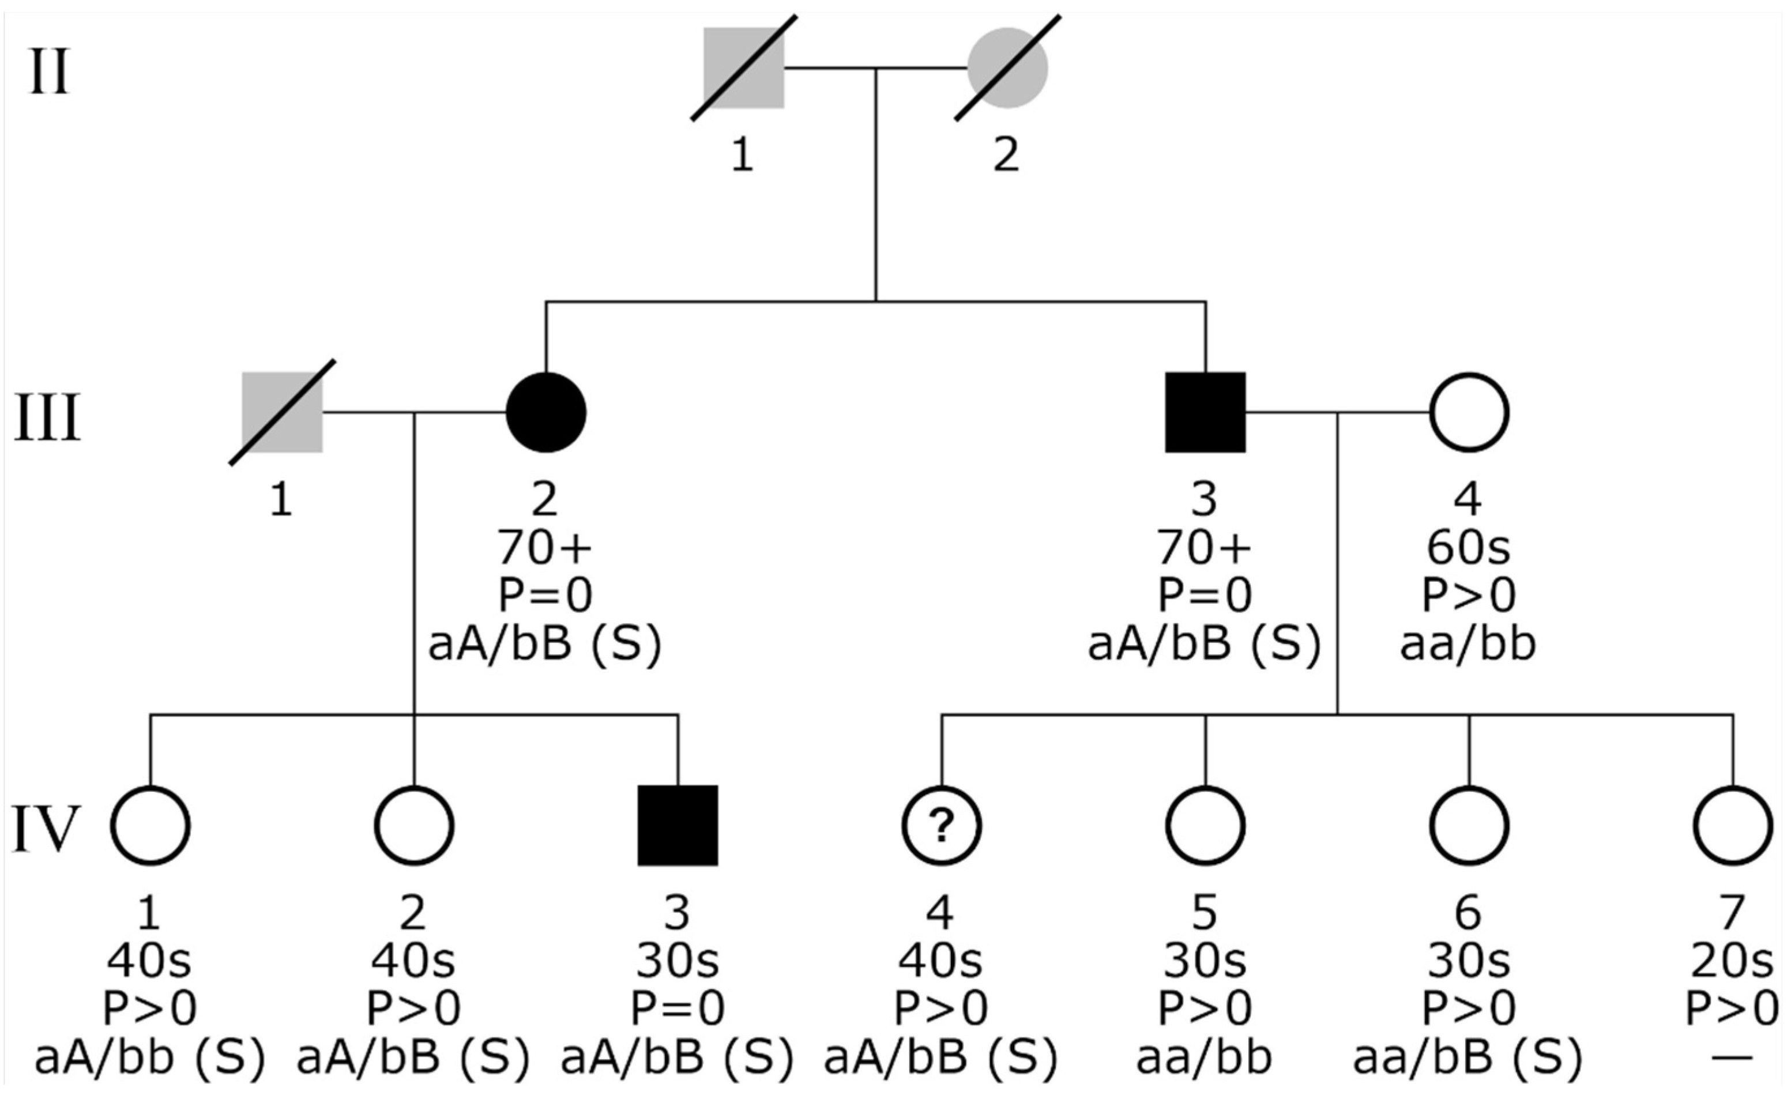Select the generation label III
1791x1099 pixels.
47,419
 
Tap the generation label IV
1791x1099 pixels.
46,830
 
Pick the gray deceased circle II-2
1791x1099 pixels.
1007,68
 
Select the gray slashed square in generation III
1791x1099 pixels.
282,412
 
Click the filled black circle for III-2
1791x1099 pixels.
546,412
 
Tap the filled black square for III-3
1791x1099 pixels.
1205,412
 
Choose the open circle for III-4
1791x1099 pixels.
1469,412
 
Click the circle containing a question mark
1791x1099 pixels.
941,826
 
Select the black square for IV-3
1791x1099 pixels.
678,826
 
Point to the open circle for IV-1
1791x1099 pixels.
150,826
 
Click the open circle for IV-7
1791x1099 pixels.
1733,826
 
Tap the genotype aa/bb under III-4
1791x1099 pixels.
1468,643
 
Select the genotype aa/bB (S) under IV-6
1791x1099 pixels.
1468,1057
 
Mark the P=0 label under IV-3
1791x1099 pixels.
678,1009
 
